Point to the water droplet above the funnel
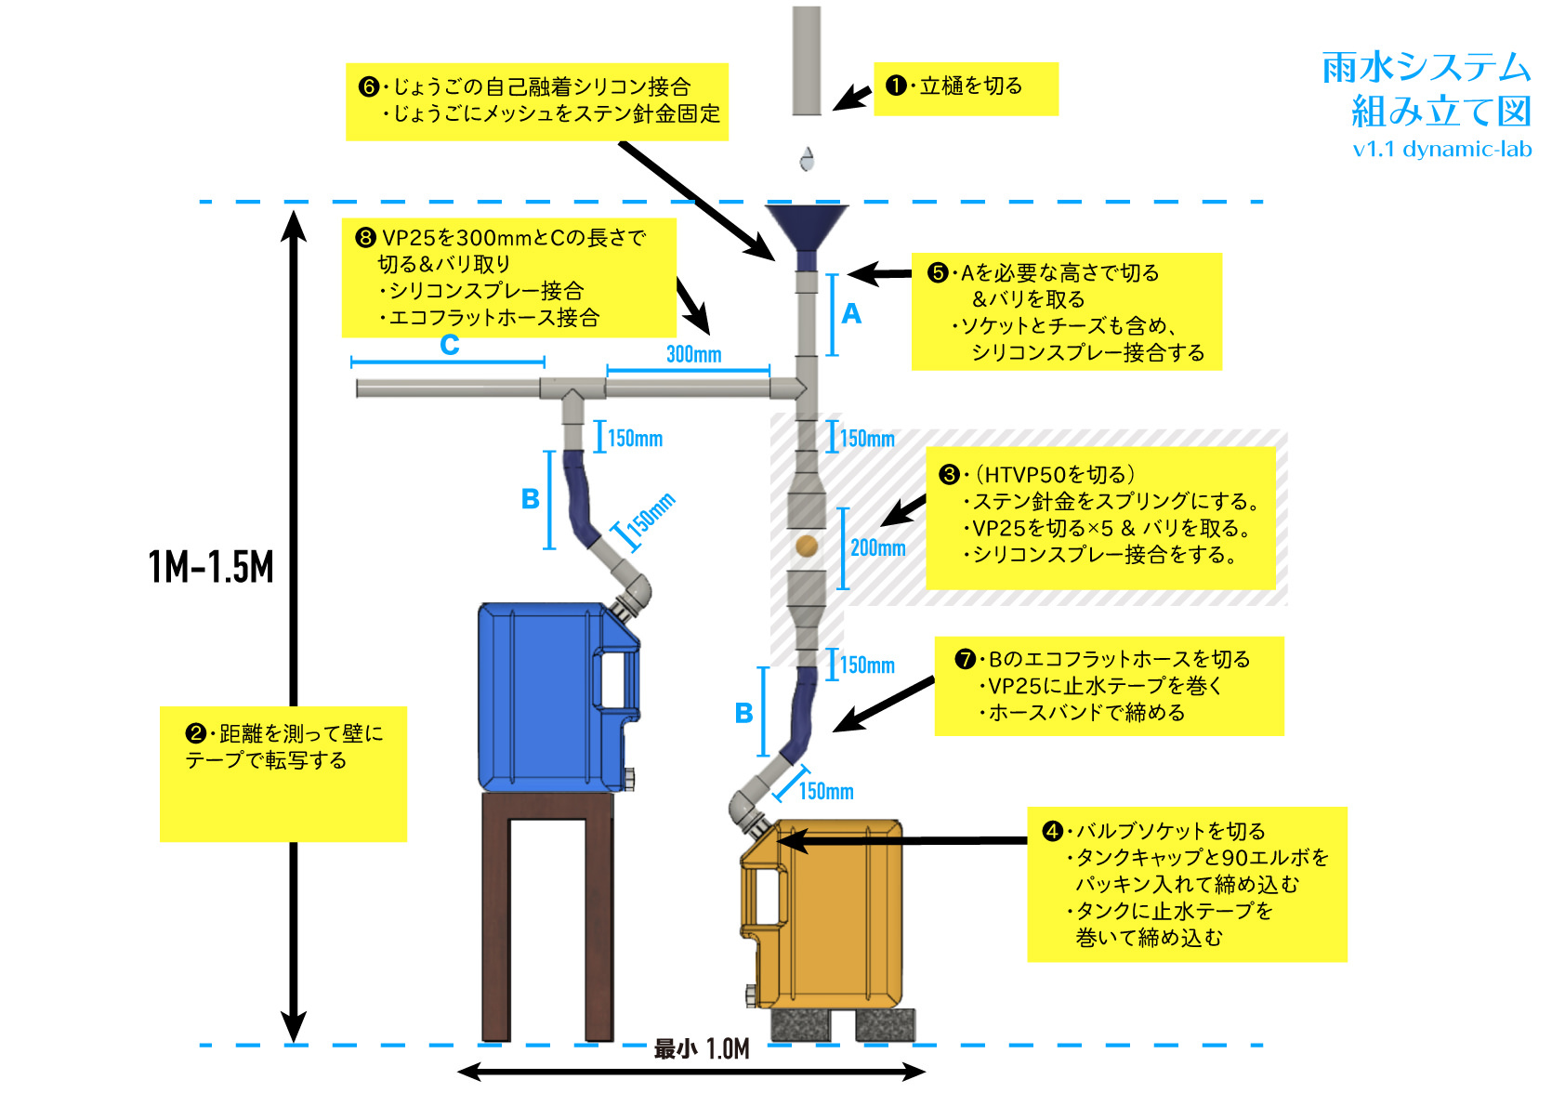coord(807,159)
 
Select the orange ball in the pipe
coord(807,546)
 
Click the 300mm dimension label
coord(693,354)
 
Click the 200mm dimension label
coord(877,547)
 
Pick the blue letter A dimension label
coord(851,314)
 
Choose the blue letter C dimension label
coord(450,345)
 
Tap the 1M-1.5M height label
coord(212,567)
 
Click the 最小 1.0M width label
coord(702,1049)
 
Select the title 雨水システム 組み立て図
coord(1427,89)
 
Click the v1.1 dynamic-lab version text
coord(1441,150)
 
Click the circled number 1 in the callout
coord(896,86)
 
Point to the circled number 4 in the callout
coord(1052,831)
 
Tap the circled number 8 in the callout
coord(366,238)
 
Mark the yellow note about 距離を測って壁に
coord(283,773)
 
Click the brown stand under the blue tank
coord(547,915)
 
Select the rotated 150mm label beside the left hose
coord(650,517)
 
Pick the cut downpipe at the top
coord(807,60)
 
